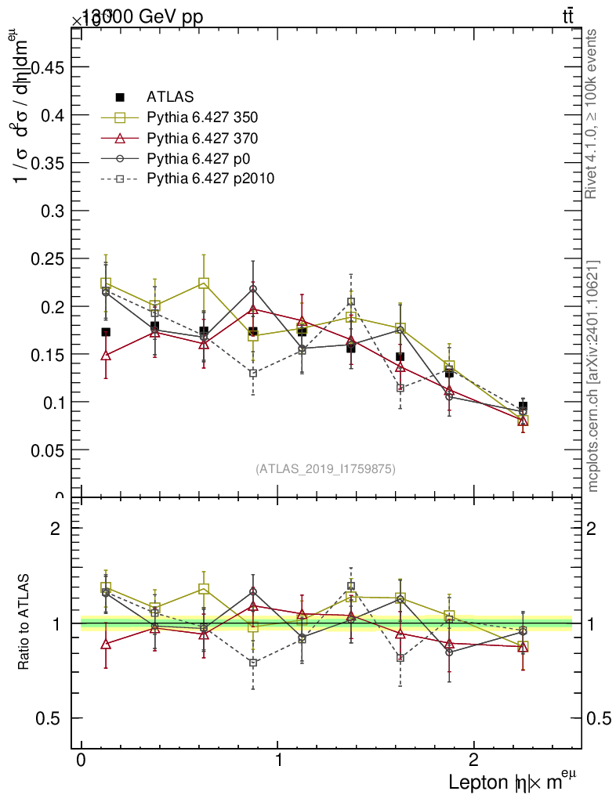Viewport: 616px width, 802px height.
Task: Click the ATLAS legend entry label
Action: [x=169, y=97]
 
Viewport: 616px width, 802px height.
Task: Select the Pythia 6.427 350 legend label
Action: [x=201, y=117]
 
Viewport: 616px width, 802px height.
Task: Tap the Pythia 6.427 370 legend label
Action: [x=201, y=138]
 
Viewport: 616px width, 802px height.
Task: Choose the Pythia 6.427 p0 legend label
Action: [x=197, y=158]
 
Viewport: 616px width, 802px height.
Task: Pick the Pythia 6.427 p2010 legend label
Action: [x=210, y=179]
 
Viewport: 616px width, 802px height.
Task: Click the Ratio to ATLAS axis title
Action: [x=25, y=623]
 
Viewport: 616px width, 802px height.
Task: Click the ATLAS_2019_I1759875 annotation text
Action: [x=325, y=468]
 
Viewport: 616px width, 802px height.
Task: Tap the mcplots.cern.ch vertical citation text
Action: [x=593, y=376]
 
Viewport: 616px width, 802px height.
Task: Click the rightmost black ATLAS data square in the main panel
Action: [x=523, y=406]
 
